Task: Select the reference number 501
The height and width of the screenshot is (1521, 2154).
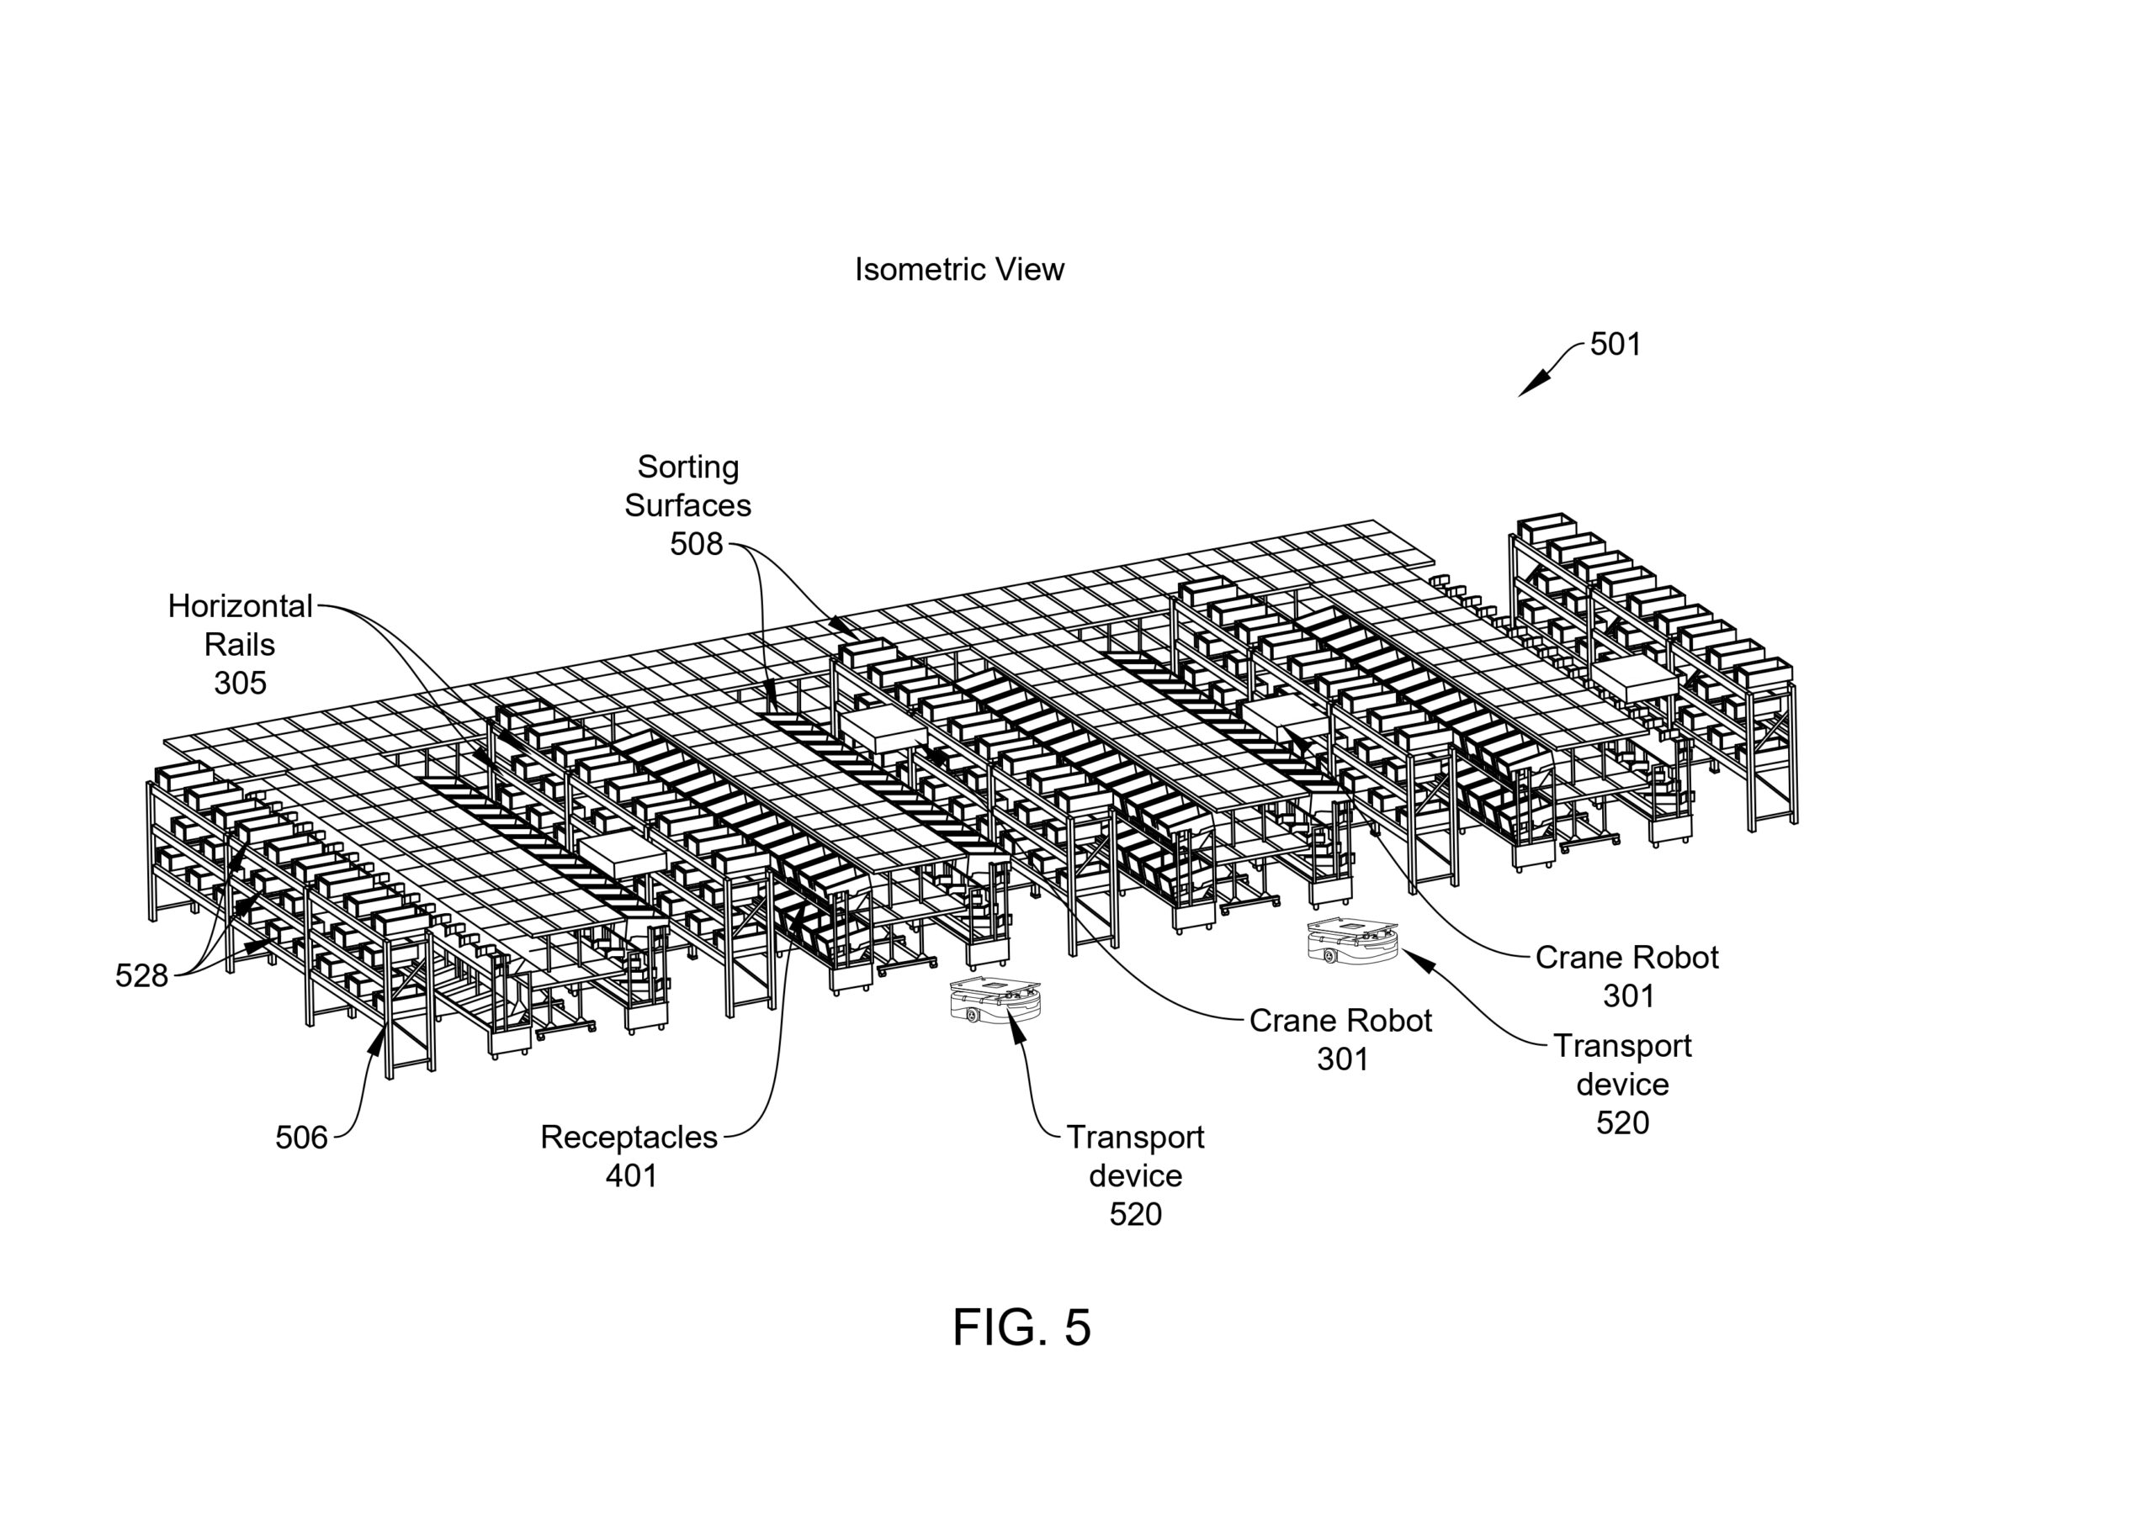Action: [x=1615, y=344]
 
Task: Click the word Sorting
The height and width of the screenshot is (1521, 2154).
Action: [x=687, y=466]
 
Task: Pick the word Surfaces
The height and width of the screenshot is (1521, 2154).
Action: [x=687, y=505]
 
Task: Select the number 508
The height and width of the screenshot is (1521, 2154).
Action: [x=696, y=544]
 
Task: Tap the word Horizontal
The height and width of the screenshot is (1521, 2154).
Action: [x=240, y=607]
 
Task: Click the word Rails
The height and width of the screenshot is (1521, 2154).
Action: [x=240, y=645]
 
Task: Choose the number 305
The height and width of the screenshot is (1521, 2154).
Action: [x=240, y=684]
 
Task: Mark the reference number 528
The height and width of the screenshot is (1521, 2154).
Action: [x=141, y=976]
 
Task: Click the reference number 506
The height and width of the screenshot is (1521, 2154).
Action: [x=301, y=1138]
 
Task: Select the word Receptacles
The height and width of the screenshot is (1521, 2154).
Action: [x=629, y=1137]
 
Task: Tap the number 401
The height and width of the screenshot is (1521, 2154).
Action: [x=631, y=1176]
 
